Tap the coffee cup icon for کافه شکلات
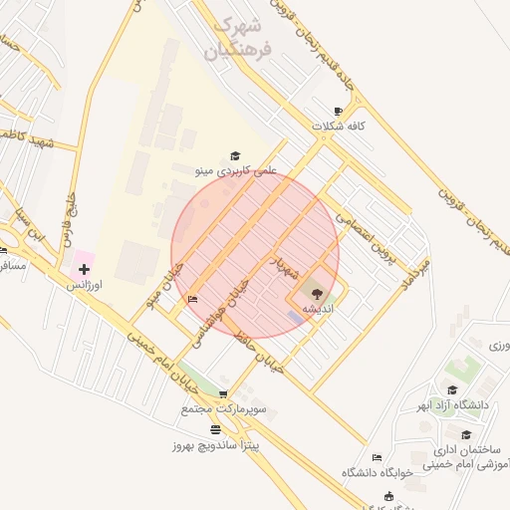(x=338, y=111)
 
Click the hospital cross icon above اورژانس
(x=84, y=269)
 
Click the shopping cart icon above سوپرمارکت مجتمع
(x=222, y=394)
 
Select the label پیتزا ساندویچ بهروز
(x=214, y=445)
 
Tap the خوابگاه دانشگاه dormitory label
(x=379, y=471)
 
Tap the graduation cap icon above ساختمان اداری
(x=465, y=434)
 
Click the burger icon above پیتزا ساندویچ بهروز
(x=216, y=429)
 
